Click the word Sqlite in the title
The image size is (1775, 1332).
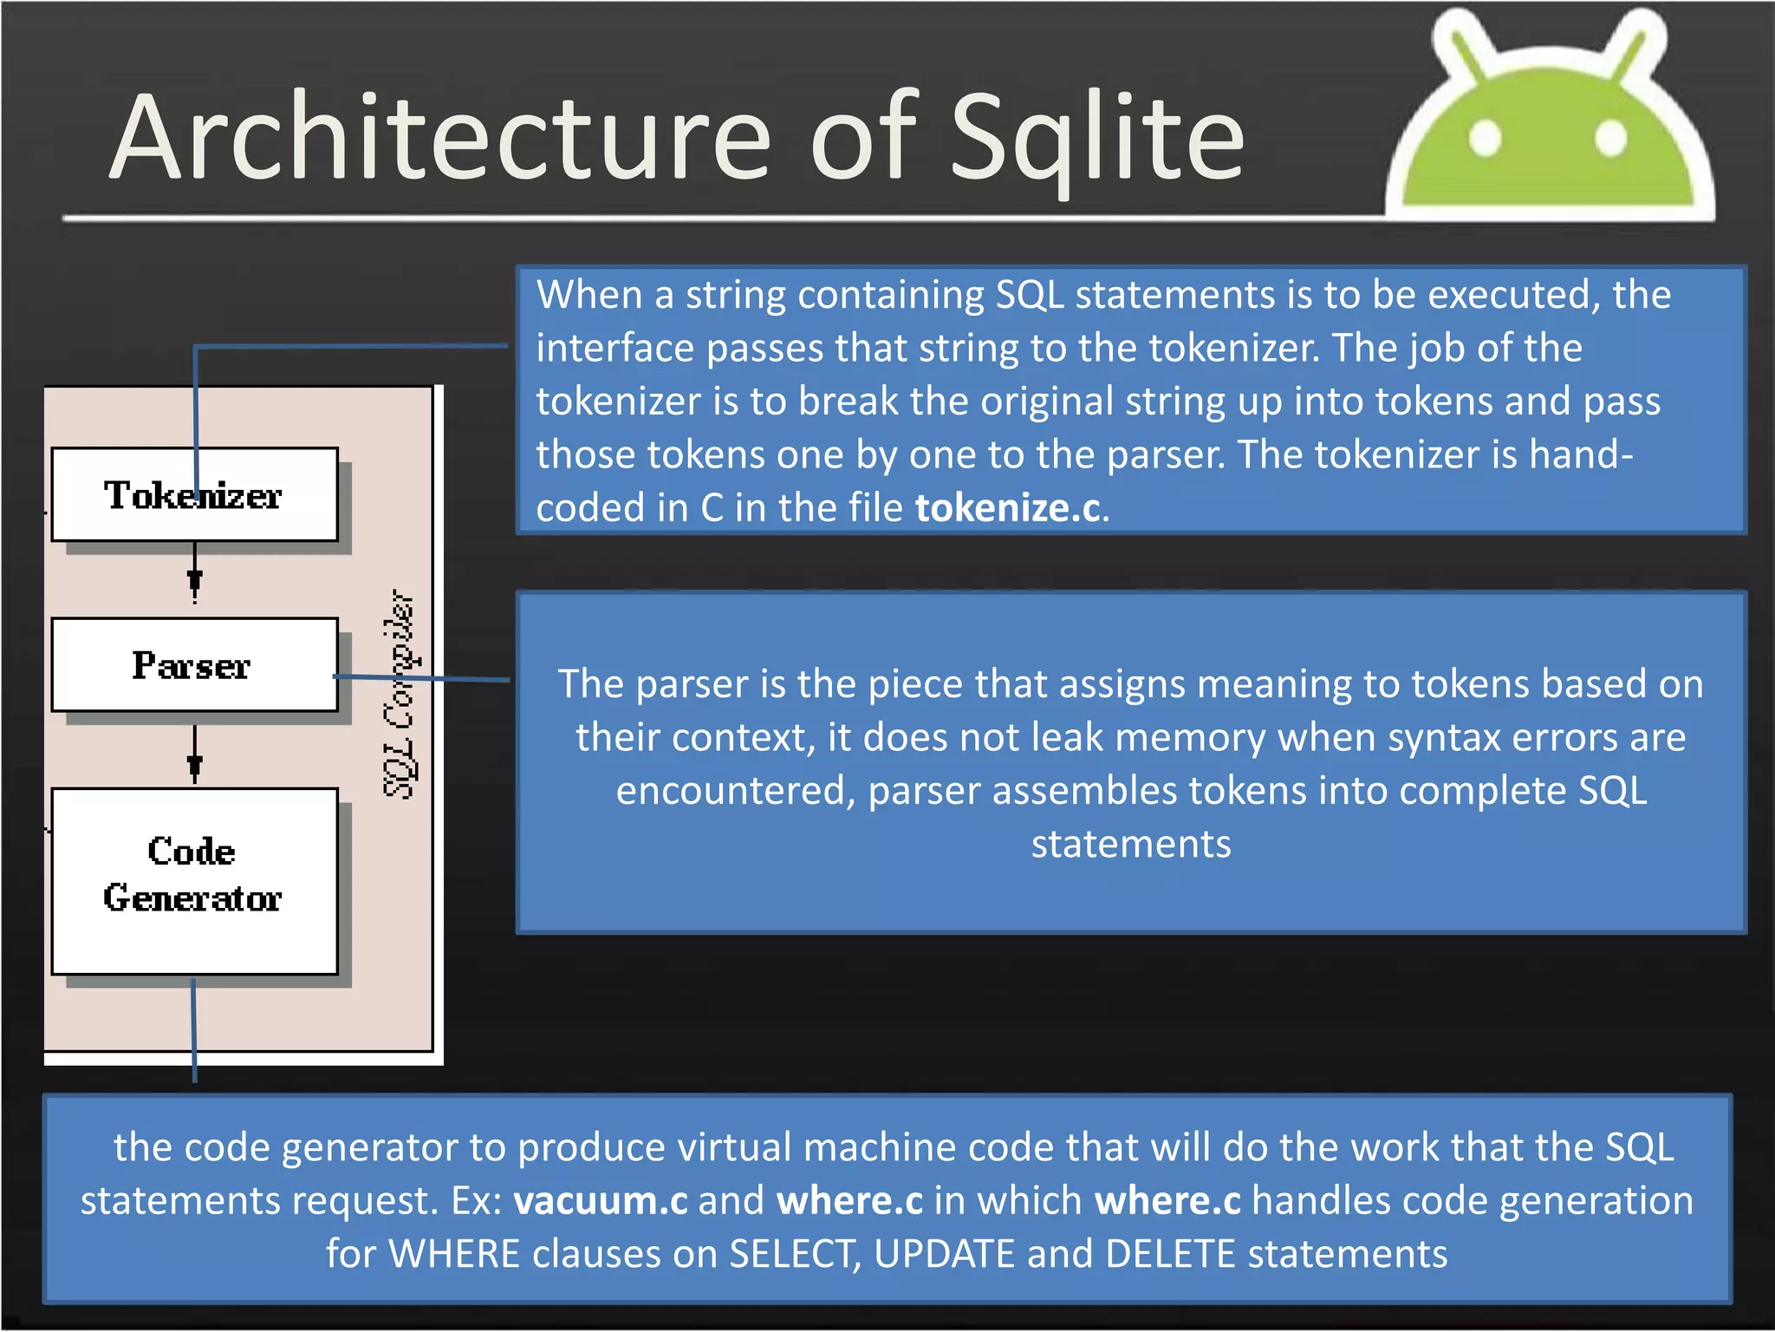tap(1097, 139)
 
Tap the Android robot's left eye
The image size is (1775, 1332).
tap(1485, 137)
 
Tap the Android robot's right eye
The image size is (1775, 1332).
tap(1610, 137)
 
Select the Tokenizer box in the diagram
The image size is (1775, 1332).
tap(194, 495)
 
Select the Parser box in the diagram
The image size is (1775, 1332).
tap(194, 665)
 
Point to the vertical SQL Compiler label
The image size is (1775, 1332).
tap(400, 694)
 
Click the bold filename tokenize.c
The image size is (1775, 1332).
tap(1007, 508)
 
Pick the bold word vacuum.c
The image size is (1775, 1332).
tap(600, 1201)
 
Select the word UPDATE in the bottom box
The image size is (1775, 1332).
tap(944, 1255)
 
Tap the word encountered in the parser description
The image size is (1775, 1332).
tap(735, 791)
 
